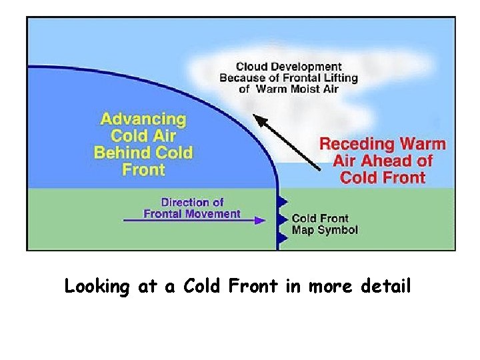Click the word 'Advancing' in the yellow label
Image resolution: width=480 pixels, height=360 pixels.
coord(143,120)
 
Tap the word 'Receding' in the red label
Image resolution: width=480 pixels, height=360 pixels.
coord(355,144)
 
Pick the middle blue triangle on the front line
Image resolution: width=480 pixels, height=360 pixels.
coord(283,219)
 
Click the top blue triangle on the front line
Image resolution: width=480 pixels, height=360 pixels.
coord(283,201)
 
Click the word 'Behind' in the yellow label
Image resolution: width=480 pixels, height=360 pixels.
coord(125,153)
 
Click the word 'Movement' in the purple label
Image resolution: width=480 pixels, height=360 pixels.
coord(211,214)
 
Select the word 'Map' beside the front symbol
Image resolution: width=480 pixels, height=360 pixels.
coord(302,230)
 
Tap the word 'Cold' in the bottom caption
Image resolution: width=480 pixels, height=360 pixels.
coord(207,287)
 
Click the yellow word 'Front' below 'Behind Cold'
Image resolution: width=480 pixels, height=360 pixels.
coord(143,169)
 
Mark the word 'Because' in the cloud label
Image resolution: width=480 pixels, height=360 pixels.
coord(243,78)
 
